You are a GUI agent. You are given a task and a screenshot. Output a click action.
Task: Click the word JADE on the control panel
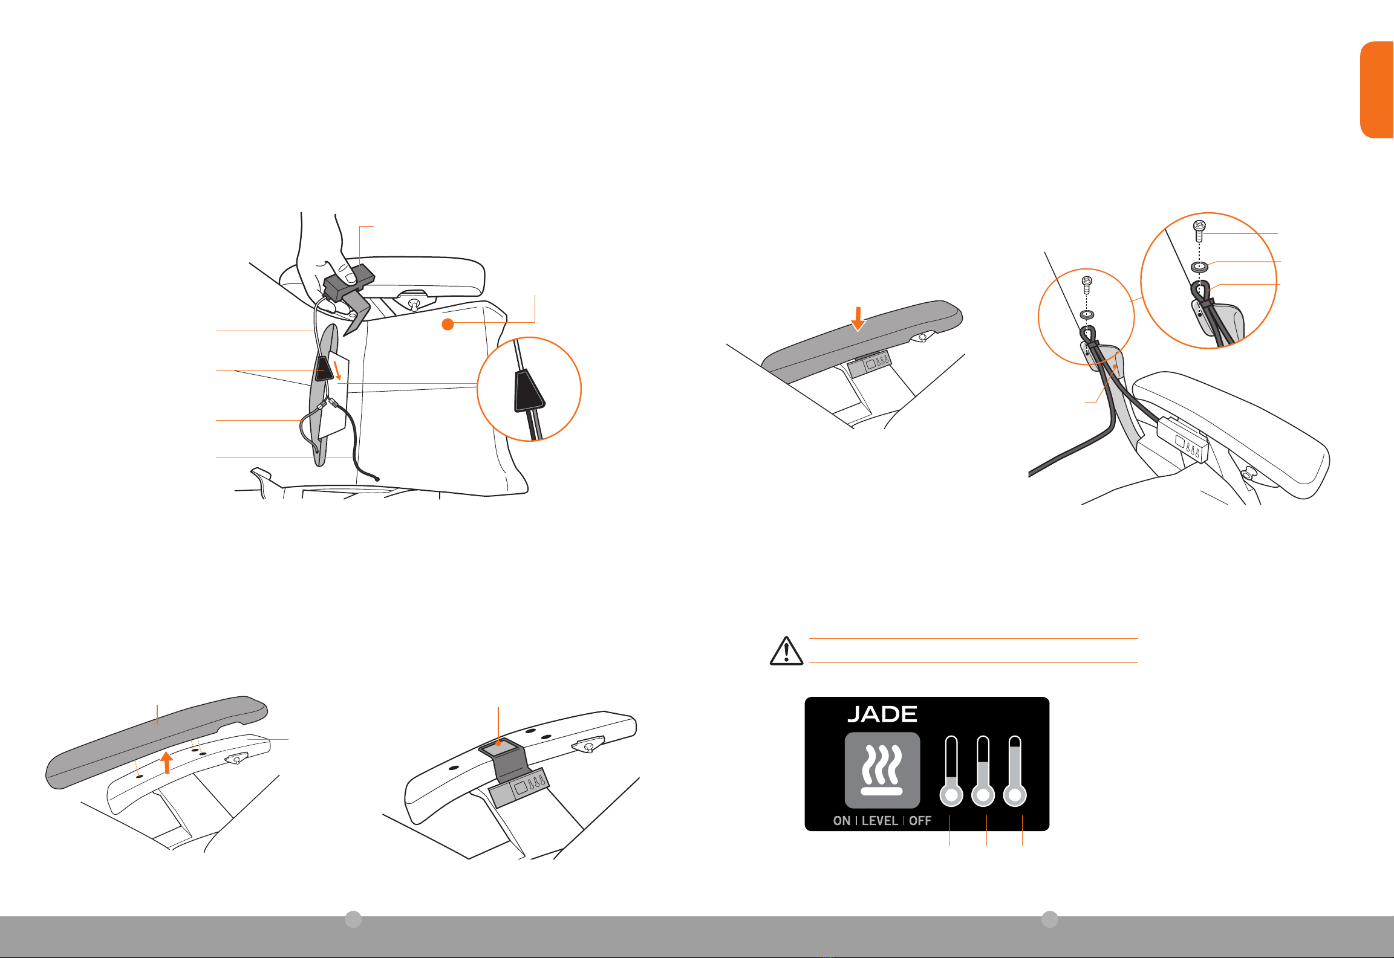(882, 714)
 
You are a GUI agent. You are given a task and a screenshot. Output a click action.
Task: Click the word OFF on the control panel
(920, 821)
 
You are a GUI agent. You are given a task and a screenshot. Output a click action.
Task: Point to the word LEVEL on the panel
(879, 821)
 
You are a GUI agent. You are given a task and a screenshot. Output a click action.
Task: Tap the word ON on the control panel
(842, 821)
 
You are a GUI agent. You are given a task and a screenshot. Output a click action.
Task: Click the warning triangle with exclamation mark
(786, 651)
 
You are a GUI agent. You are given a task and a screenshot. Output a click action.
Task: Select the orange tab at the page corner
(1377, 89)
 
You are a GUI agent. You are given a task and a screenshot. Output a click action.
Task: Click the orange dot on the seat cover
(448, 325)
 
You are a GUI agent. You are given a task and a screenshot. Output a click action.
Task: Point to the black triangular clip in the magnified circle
(529, 390)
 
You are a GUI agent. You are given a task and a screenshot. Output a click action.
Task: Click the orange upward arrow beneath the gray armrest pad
(167, 763)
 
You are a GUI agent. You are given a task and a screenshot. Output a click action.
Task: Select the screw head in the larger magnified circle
(1199, 227)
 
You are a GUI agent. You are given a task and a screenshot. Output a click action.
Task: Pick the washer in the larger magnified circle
(1200, 266)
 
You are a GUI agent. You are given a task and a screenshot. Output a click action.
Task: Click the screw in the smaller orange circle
(1086, 284)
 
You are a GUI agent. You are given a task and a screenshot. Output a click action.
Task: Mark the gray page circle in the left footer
(353, 919)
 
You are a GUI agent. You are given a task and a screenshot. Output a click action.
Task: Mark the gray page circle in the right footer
(1050, 919)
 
